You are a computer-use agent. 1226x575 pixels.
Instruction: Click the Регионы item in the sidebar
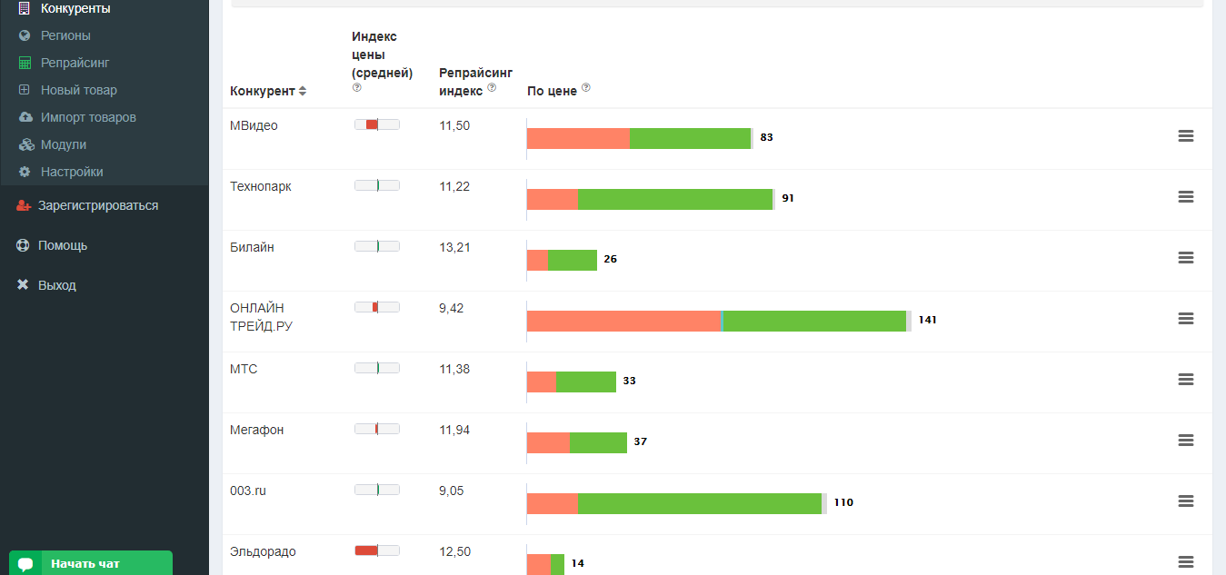[65, 35]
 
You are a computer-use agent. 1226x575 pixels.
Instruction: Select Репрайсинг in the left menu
[75, 63]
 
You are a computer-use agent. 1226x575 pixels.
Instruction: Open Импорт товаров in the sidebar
[88, 117]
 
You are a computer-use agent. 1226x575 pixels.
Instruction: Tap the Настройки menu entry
[71, 172]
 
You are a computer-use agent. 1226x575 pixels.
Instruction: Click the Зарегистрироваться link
[97, 205]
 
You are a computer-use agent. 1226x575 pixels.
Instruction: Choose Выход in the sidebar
[56, 285]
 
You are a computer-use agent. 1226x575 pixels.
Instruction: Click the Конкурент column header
[263, 91]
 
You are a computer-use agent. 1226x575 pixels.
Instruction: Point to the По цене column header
[552, 91]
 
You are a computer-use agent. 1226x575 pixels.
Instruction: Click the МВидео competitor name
[254, 125]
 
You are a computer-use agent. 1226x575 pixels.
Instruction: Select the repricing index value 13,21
[454, 247]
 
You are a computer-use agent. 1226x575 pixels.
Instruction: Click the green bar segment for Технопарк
[674, 199]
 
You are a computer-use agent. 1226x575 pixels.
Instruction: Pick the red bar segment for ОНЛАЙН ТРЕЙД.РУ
[623, 321]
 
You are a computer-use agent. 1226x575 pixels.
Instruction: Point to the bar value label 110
[843, 502]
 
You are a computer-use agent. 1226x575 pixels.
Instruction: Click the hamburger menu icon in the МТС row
[1185, 380]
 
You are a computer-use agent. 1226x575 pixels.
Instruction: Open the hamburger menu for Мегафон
[1185, 441]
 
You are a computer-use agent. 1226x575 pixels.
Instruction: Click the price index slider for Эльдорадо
[376, 550]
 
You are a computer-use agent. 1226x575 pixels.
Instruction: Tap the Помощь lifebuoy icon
[23, 245]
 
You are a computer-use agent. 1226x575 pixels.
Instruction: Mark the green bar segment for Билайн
[573, 260]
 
